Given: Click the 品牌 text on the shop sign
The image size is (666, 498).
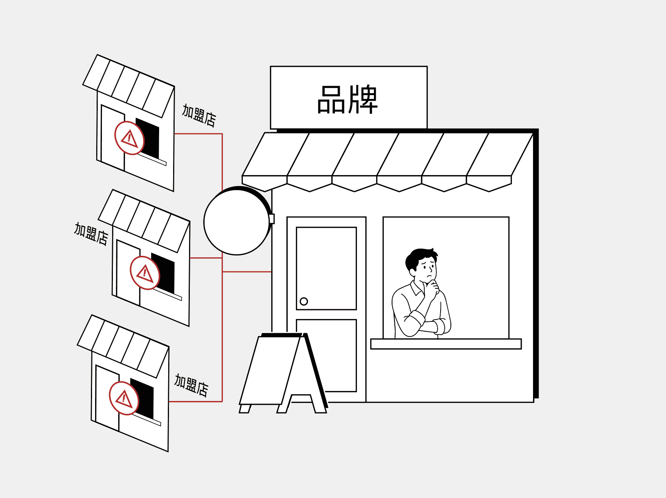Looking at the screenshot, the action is pos(347,99).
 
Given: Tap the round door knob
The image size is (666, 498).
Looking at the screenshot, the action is pos(303,301).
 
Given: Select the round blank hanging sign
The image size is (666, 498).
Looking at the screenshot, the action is pos(237,222).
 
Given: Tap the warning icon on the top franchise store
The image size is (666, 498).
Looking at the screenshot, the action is pos(130,138).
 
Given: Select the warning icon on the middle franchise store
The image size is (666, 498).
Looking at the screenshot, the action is pos(145,273).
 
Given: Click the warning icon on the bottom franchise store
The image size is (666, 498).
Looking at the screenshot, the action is pos(124,398).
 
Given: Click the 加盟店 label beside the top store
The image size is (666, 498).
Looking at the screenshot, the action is pos(199,115).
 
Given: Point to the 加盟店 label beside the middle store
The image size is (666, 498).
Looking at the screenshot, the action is pos(91,234).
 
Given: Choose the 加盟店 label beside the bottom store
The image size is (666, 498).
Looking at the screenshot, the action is pos(191,385).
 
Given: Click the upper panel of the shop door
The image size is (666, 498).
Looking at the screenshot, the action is pos(326,268).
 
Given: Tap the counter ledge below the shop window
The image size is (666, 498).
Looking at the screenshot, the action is pos(446,344).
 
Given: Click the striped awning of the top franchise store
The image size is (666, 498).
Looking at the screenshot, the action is pos(129,86).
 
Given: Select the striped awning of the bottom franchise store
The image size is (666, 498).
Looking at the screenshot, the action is pos(123,346).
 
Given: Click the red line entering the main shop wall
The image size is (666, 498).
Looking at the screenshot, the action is pos(247,272).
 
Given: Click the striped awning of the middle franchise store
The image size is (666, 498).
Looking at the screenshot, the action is pos(144,221).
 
